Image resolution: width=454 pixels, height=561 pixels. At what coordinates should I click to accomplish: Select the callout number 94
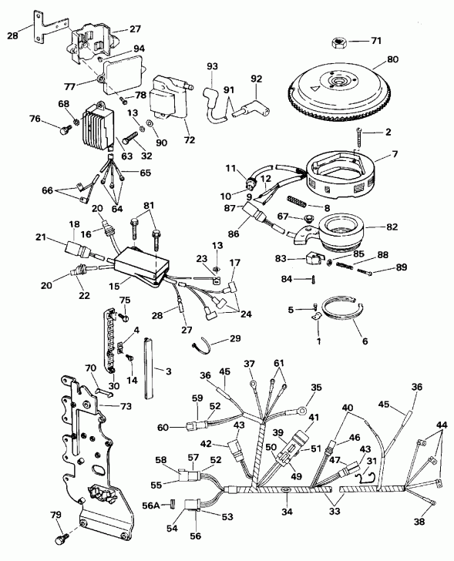coord(139,48)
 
